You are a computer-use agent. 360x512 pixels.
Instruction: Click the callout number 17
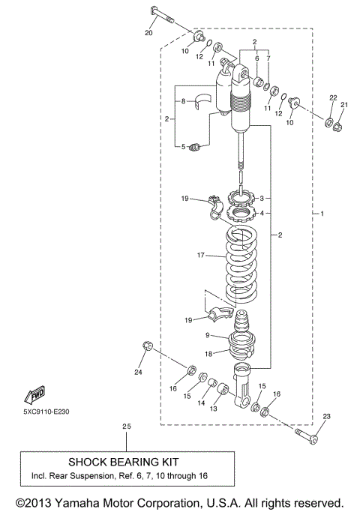click(201, 256)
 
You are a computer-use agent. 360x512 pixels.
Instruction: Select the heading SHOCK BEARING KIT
click(124, 462)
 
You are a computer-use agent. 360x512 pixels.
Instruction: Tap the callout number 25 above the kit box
click(126, 427)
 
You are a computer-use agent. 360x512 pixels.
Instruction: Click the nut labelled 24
click(148, 346)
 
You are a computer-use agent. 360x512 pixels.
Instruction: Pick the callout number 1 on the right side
click(323, 215)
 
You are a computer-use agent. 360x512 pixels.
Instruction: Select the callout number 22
click(334, 99)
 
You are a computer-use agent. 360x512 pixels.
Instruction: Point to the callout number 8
click(183, 100)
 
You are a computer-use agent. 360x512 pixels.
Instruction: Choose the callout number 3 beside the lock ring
click(261, 199)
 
